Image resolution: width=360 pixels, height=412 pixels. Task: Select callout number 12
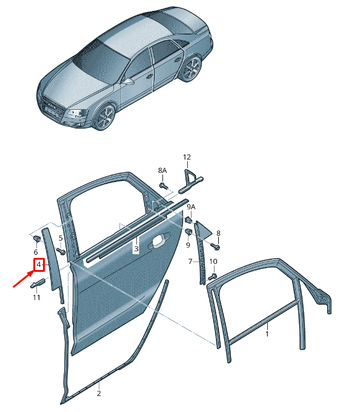point(186,157)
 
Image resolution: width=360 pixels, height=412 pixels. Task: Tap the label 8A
point(162,172)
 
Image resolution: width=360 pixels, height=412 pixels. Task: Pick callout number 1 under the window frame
point(267,333)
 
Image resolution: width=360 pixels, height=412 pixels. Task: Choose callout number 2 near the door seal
point(98,393)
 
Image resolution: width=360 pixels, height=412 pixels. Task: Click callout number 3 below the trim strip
point(136,249)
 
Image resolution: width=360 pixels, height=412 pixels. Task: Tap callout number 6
point(35,252)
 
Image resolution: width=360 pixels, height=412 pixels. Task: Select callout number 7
point(189,262)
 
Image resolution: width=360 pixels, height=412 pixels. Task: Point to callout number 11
point(36,297)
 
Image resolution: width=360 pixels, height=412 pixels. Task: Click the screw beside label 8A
point(163,186)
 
